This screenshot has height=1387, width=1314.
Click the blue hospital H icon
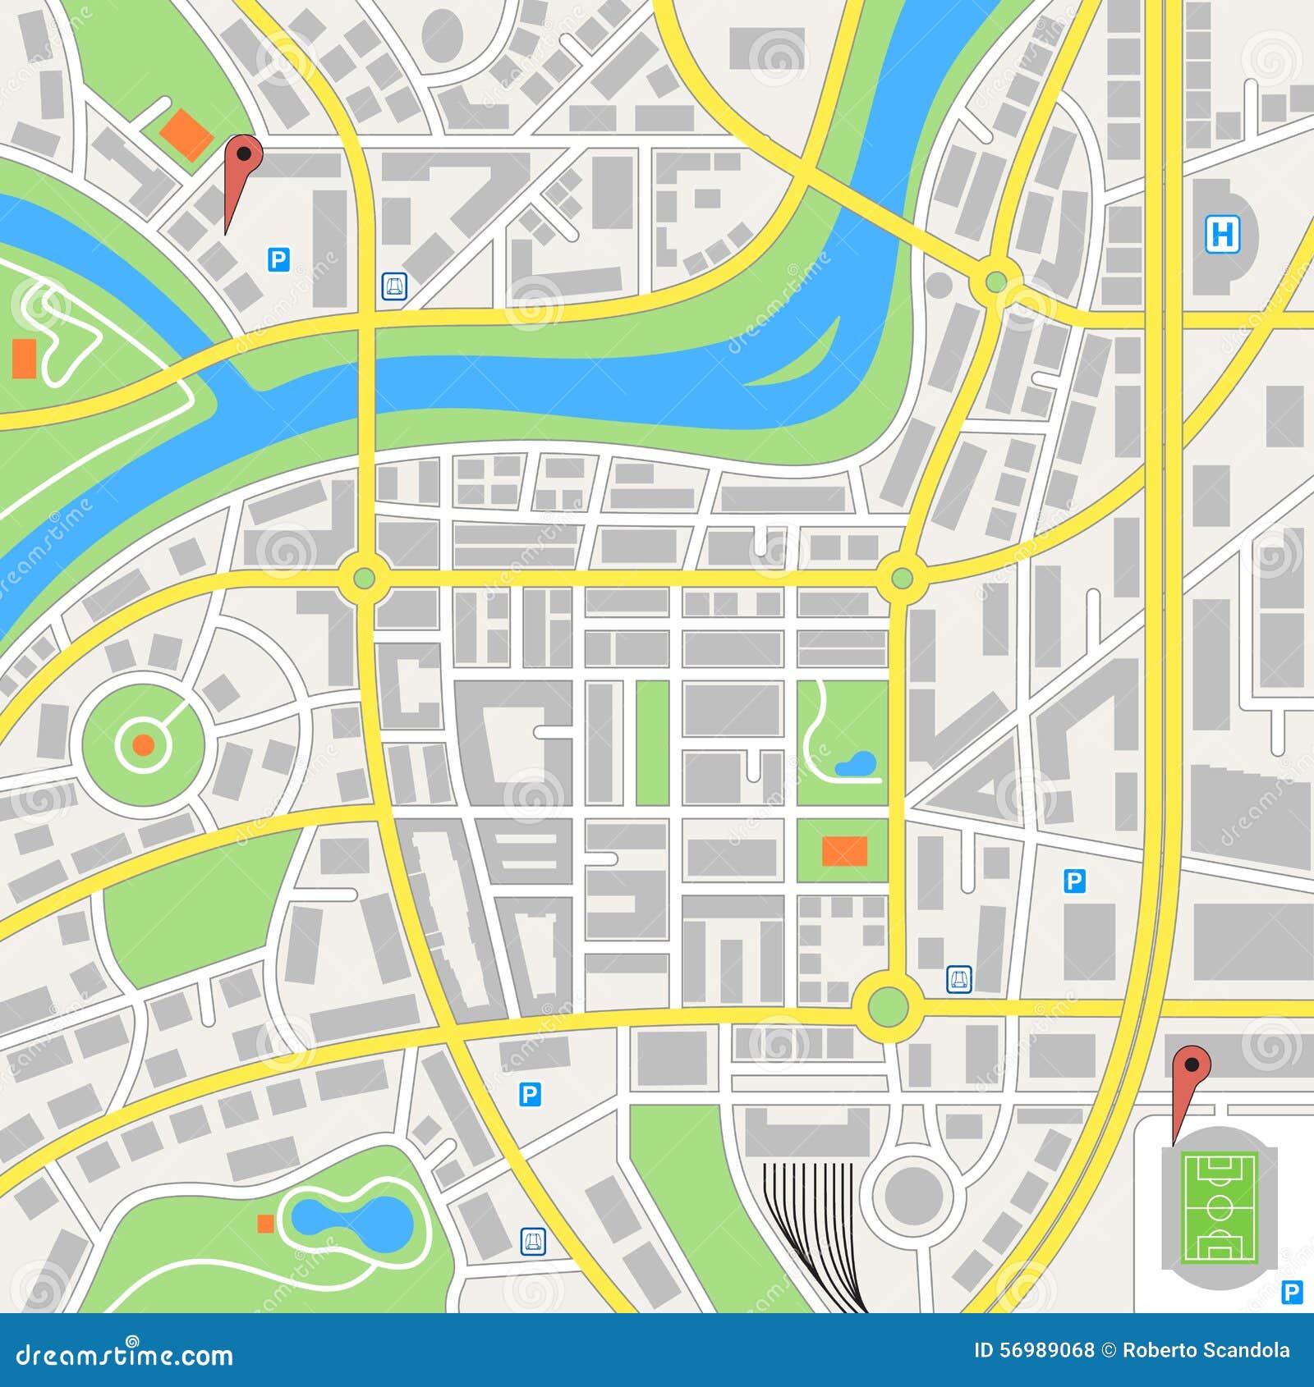[x=1222, y=235]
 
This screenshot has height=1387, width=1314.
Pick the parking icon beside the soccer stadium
[x=1292, y=1293]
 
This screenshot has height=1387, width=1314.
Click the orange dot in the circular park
[x=143, y=744]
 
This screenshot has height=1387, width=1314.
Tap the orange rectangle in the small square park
[x=845, y=850]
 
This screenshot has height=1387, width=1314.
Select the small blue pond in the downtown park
[x=857, y=763]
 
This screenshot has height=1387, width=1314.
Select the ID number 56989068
[x=1034, y=1351]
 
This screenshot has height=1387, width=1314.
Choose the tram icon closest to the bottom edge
[x=534, y=1242]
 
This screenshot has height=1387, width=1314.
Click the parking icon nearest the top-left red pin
[x=278, y=261]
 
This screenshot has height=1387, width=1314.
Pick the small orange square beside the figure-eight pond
[x=265, y=1224]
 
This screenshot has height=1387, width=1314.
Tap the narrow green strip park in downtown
[x=652, y=742]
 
